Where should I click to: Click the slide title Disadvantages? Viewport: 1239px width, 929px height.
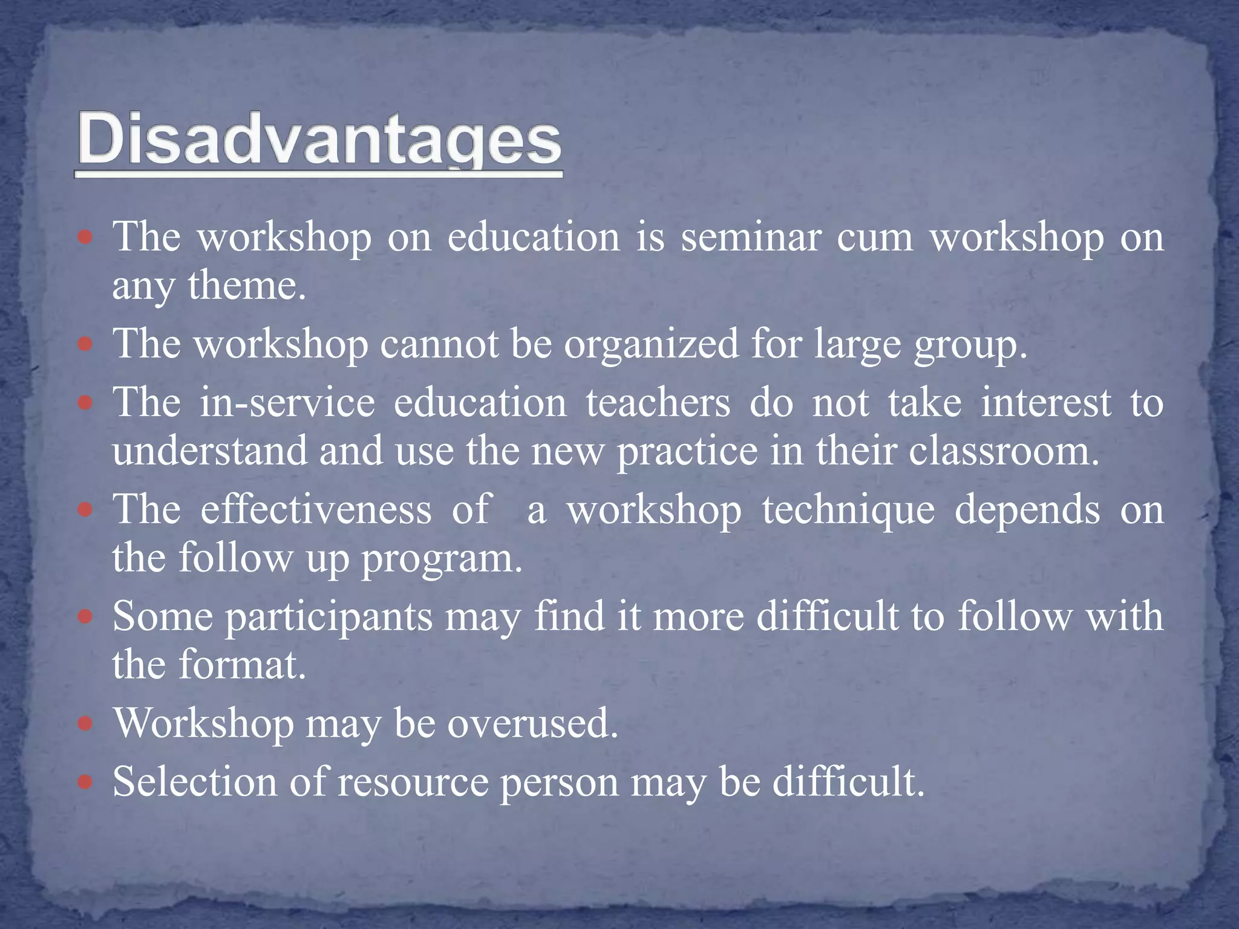point(319,140)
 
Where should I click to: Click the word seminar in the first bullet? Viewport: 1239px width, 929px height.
point(751,237)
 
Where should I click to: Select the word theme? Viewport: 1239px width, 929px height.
point(246,285)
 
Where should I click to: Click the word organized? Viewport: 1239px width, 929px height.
point(652,344)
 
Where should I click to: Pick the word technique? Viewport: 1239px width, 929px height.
point(848,510)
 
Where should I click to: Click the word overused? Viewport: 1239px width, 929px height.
point(532,723)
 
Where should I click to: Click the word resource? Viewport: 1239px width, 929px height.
point(413,783)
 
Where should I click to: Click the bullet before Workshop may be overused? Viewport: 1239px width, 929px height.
point(85,723)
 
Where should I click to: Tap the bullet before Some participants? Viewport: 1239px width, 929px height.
point(85,617)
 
